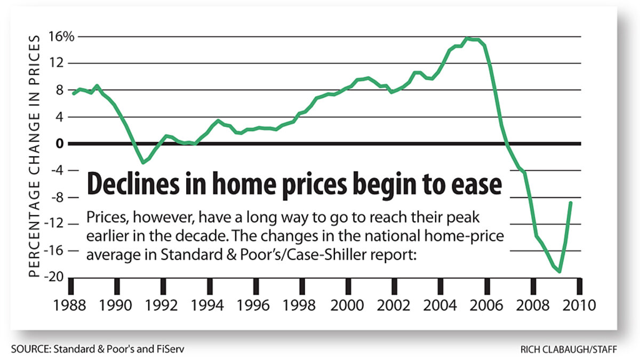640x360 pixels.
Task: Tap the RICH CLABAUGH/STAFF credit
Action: pos(569,349)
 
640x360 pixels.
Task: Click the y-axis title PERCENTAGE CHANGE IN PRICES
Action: pos(34,156)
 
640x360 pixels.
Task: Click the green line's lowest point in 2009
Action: pos(559,271)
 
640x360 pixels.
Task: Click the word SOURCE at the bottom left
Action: pos(28,349)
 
